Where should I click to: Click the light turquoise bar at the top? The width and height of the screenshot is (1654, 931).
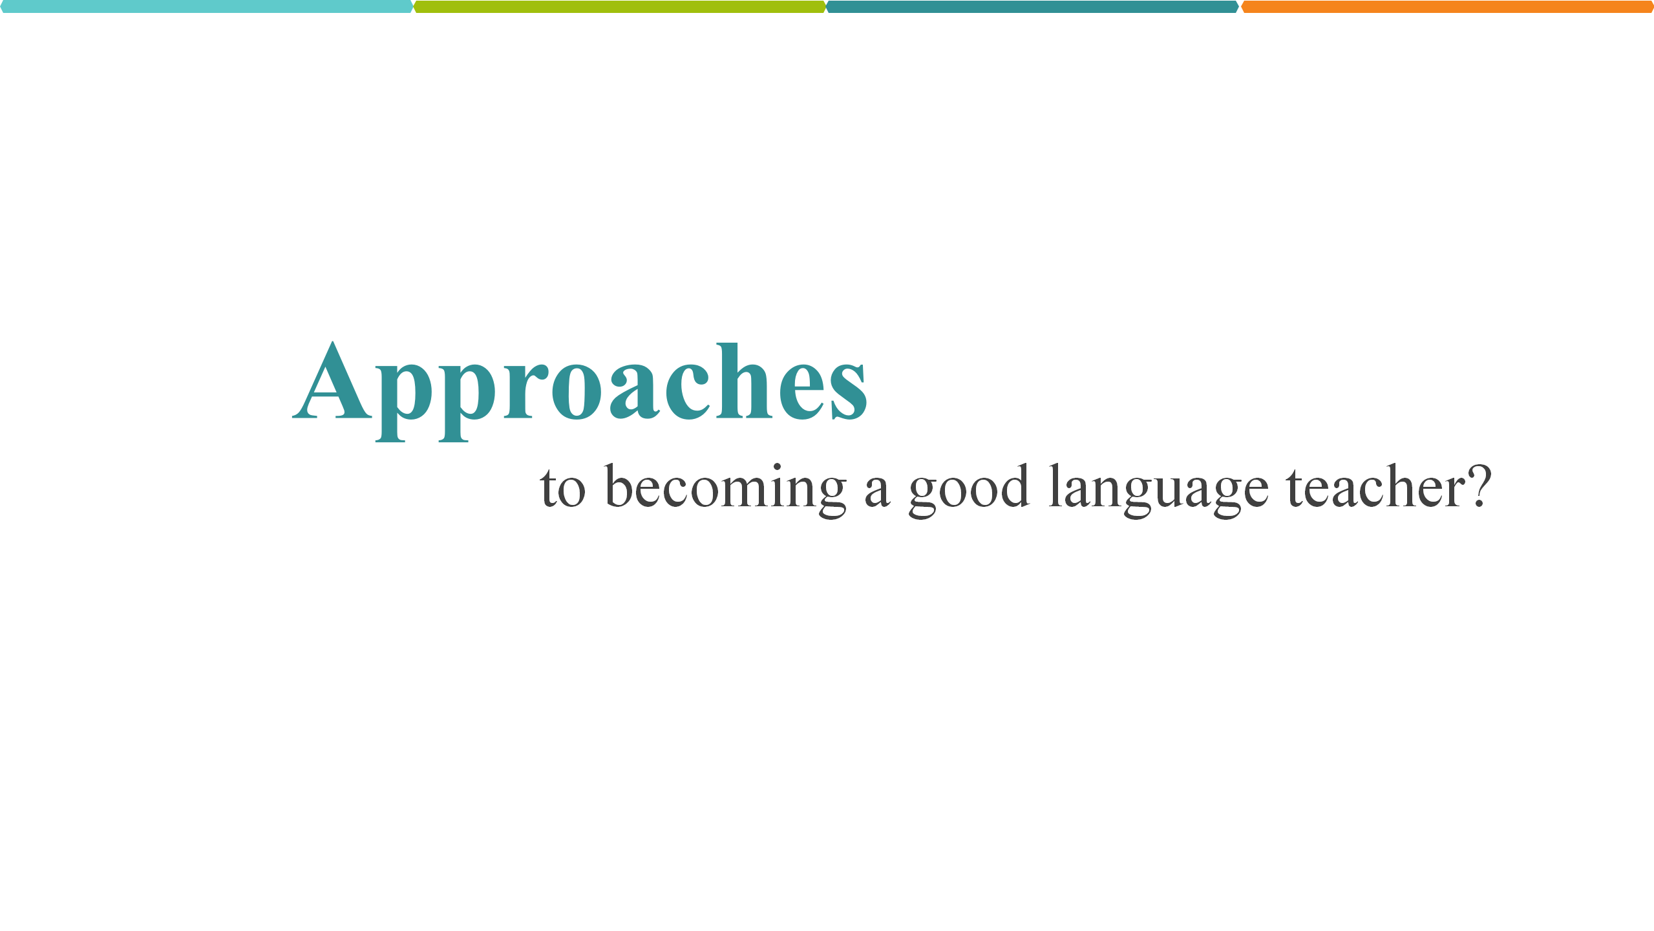click(207, 6)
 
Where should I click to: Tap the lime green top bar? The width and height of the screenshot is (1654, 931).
click(620, 6)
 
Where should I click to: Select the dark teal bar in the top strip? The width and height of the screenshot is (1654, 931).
click(1033, 6)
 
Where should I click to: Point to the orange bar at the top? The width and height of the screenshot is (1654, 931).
click(1447, 6)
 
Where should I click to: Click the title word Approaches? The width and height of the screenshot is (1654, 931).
click(580, 391)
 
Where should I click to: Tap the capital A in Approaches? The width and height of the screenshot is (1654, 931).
click(332, 380)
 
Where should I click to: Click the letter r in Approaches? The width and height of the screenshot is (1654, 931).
click(525, 391)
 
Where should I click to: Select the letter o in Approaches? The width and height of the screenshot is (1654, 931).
click(577, 392)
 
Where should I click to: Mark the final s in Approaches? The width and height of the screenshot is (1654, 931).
click(849, 392)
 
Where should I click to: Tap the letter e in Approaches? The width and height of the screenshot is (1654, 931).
click(801, 392)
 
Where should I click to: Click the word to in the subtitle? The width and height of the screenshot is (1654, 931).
click(563, 489)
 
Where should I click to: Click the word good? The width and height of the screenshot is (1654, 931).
click(969, 491)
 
